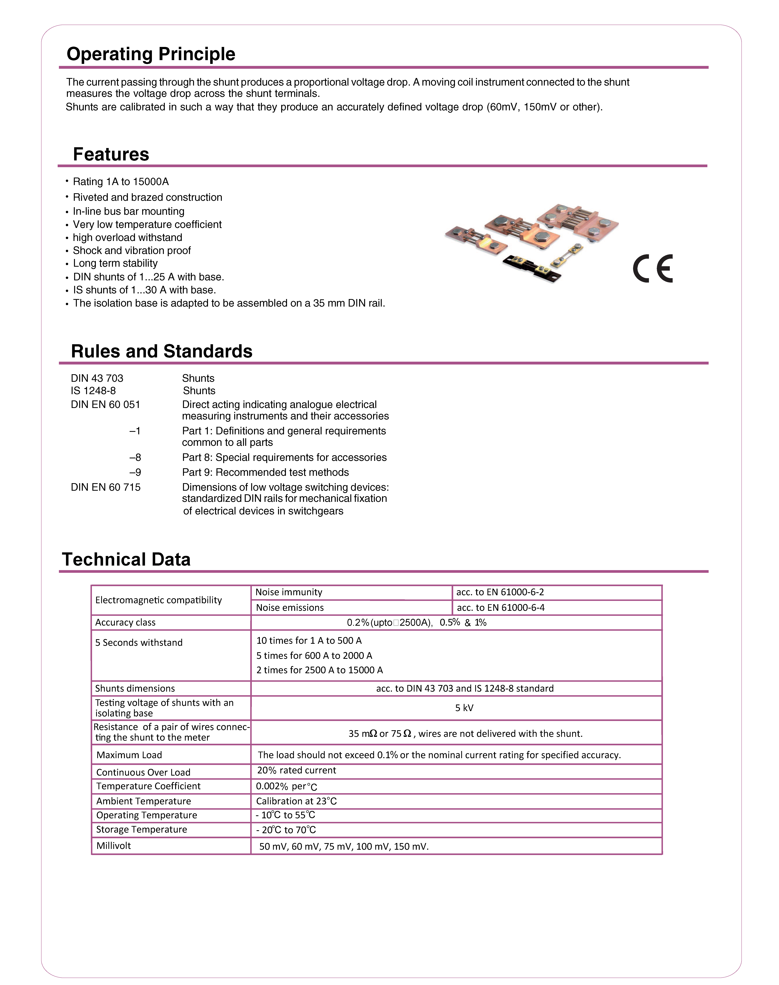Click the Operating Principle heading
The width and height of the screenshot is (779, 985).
tap(151, 54)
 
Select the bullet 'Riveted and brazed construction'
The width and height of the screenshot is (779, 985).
tap(147, 197)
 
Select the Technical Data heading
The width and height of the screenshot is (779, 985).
tap(126, 560)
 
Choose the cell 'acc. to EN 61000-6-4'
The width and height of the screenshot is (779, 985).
tap(500, 608)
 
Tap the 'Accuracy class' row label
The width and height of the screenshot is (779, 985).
tap(125, 623)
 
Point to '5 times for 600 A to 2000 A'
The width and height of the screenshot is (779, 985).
tap(314, 656)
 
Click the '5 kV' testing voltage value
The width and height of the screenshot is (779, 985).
tap(464, 708)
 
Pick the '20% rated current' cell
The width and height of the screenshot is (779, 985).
tap(296, 770)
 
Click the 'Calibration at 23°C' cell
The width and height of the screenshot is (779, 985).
tap(296, 801)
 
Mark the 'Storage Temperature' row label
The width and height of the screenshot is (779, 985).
tap(141, 830)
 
